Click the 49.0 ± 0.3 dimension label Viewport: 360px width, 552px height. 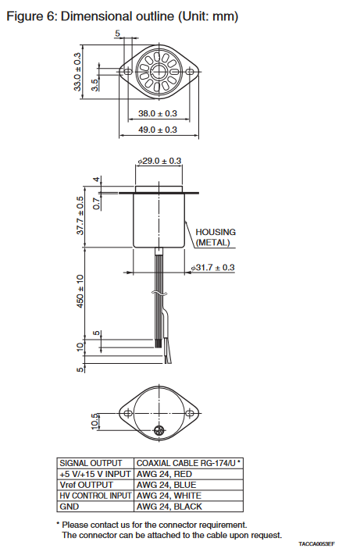[158, 130]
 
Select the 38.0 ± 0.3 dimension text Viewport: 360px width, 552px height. [158, 113]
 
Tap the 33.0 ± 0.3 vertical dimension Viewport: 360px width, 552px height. [77, 72]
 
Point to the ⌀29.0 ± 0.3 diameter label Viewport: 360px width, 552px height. [159, 161]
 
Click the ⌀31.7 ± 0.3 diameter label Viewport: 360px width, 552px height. [212, 268]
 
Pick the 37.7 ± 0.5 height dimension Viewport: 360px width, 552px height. [80, 215]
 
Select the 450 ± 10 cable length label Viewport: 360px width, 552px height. [80, 291]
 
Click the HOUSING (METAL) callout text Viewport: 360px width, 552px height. [216, 237]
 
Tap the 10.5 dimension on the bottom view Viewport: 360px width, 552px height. [94, 422]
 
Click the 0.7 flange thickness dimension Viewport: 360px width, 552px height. [96, 204]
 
